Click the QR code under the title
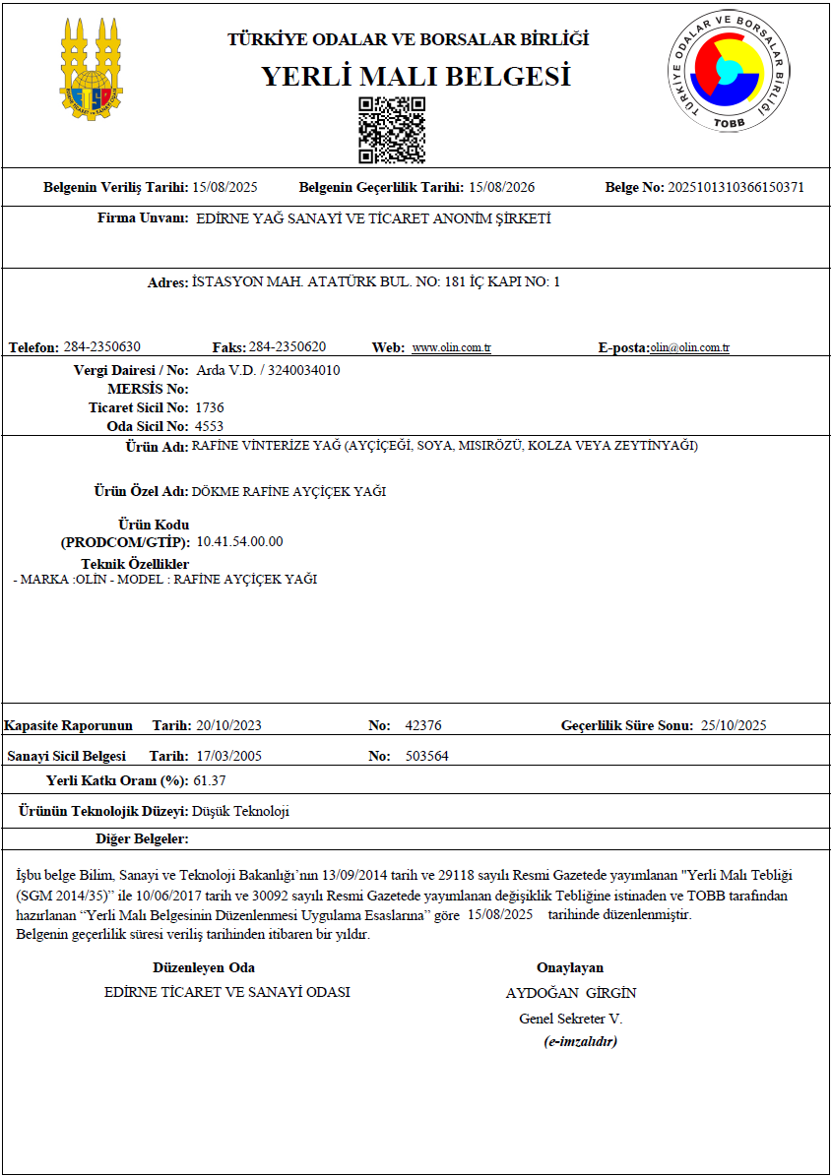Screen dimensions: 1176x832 click(392, 130)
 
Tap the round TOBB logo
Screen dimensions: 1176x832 click(728, 71)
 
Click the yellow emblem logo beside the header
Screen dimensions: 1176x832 click(92, 69)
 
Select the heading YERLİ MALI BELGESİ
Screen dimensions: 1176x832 click(416, 77)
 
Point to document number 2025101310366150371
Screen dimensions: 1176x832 click(736, 187)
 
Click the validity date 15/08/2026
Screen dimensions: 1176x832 click(501, 187)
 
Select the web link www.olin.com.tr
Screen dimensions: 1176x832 click(451, 348)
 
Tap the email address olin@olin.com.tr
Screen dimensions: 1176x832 click(689, 348)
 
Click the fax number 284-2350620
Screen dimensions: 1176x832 click(288, 347)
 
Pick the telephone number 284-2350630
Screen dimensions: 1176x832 click(102, 347)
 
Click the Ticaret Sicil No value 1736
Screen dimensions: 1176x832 click(210, 407)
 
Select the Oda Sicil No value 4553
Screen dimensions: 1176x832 click(210, 426)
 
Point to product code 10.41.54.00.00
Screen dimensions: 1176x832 click(240, 542)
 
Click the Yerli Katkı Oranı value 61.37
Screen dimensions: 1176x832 click(210, 780)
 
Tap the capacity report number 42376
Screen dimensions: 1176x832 click(423, 726)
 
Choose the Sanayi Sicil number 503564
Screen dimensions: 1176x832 click(427, 756)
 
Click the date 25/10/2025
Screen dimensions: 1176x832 click(734, 726)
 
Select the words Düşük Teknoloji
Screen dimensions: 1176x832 click(240, 812)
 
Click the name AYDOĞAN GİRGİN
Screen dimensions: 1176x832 click(571, 992)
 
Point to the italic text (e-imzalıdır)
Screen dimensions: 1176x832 click(580, 1041)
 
